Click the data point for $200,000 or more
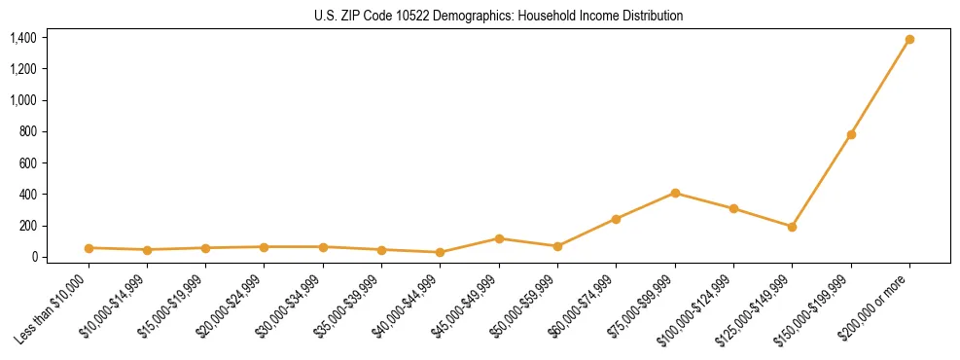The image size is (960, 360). click(x=909, y=40)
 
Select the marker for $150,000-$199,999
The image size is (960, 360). click(x=851, y=134)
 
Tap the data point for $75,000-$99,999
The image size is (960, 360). click(x=675, y=193)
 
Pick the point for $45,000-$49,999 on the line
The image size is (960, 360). click(x=499, y=238)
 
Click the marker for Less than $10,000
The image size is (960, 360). click(x=89, y=248)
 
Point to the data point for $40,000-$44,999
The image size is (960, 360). click(x=441, y=252)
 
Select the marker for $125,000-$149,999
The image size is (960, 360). click(x=792, y=227)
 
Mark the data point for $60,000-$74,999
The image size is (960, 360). click(x=616, y=219)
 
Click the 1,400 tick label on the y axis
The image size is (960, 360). click(x=23, y=38)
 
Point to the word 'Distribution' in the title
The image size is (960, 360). click(x=651, y=16)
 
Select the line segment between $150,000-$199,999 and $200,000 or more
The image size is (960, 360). click(x=880, y=88)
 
